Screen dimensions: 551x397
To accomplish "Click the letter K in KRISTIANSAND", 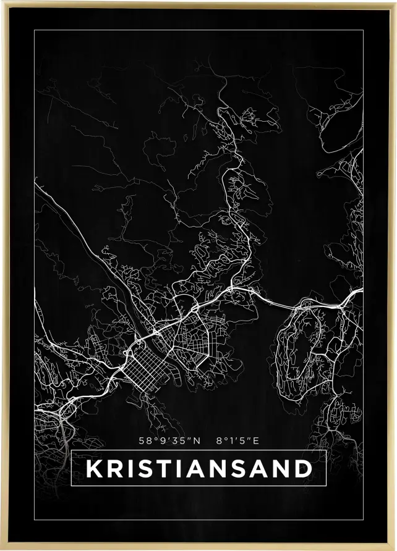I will pyautogui.click(x=93, y=468).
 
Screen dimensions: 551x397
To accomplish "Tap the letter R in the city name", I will pyautogui.click(x=114, y=468).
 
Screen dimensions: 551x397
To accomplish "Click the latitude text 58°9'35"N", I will pyautogui.click(x=170, y=441).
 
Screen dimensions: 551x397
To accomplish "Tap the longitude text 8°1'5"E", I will pyautogui.click(x=237, y=441).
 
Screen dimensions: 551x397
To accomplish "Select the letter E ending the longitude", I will pyautogui.click(x=256, y=441).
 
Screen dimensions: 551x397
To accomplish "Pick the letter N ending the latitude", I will pyautogui.click(x=197, y=441).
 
